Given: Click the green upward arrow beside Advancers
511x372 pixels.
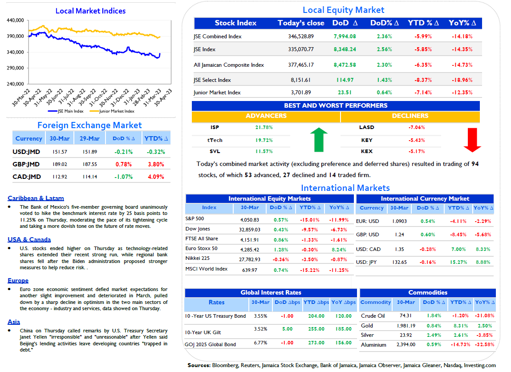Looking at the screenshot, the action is tap(319, 140).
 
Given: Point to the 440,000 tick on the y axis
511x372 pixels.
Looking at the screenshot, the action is tap(15, 20).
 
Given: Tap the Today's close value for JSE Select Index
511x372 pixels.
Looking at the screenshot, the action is tap(300, 80).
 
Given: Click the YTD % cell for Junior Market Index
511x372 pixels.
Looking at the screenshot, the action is tap(423, 93).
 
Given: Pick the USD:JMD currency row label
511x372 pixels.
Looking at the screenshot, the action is tap(26, 152).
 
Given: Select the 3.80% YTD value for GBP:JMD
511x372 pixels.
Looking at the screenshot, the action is tap(156, 164).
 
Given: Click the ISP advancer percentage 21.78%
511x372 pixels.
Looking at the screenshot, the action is tap(264, 127).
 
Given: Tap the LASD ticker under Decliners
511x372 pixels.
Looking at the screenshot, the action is tap(367, 127).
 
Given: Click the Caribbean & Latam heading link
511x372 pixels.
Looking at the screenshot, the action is tap(36, 198).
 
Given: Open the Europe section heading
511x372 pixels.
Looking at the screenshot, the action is tap(18, 280).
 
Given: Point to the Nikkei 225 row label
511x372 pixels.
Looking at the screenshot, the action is tap(198, 259).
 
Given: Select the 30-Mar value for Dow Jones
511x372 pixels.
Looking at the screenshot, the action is tap(250, 230).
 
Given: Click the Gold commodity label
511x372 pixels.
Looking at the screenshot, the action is tap(367, 326).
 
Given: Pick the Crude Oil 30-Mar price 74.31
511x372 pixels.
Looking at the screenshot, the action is tap(406, 315).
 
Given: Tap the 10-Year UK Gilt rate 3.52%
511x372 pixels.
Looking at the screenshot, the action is tap(260, 329).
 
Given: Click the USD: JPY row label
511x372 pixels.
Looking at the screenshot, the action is tap(366, 262).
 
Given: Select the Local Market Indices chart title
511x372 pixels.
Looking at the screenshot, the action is tap(91, 11).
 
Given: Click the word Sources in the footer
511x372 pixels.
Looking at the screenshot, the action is tap(199, 365).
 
